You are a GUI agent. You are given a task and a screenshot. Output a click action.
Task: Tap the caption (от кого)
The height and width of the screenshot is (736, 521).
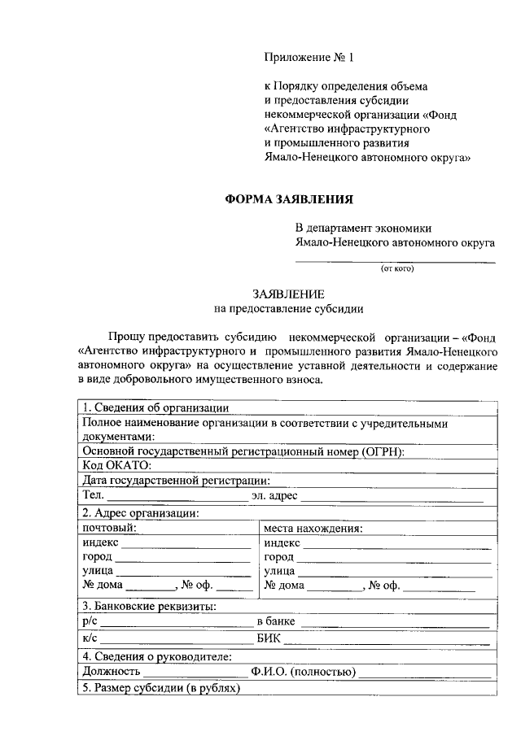pyautogui.click(x=396, y=268)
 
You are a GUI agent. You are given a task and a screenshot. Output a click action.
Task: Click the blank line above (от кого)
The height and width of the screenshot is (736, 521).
pyautogui.click(x=395, y=260)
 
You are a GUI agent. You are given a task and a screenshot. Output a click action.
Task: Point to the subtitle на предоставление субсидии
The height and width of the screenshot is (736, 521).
pyautogui.click(x=289, y=308)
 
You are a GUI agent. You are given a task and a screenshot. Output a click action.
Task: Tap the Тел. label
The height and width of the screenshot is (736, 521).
pyautogui.click(x=92, y=495)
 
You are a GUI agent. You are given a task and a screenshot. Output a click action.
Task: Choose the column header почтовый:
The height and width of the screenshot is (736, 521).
pyautogui.click(x=109, y=527)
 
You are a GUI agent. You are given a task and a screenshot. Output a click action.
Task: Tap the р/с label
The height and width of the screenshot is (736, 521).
pyautogui.click(x=90, y=621)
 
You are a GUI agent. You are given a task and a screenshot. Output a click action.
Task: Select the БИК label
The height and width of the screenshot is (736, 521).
pyautogui.click(x=268, y=639)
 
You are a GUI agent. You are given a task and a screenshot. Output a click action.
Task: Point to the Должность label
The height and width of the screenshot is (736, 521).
pyautogui.click(x=112, y=671)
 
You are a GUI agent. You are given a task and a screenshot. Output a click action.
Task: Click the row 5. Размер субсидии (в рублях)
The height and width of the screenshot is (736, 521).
pyautogui.click(x=162, y=688)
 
